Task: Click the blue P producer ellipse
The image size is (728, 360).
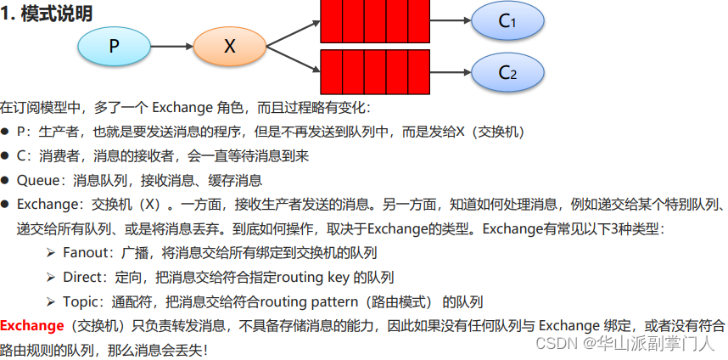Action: pos(114,47)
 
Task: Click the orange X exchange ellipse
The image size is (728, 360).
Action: pos(229,47)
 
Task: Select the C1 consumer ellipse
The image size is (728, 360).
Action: pos(507,21)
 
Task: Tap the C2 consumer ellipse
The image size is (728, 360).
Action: pos(507,72)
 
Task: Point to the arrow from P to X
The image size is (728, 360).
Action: pos(171,47)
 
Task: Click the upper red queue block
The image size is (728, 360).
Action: pos(375,21)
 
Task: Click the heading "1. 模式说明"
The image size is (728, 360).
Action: pos(47,14)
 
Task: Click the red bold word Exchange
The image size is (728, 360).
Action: pos(32,325)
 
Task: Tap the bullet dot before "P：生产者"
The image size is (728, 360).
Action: pos(5,132)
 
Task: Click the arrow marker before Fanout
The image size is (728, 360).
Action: pos(51,253)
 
